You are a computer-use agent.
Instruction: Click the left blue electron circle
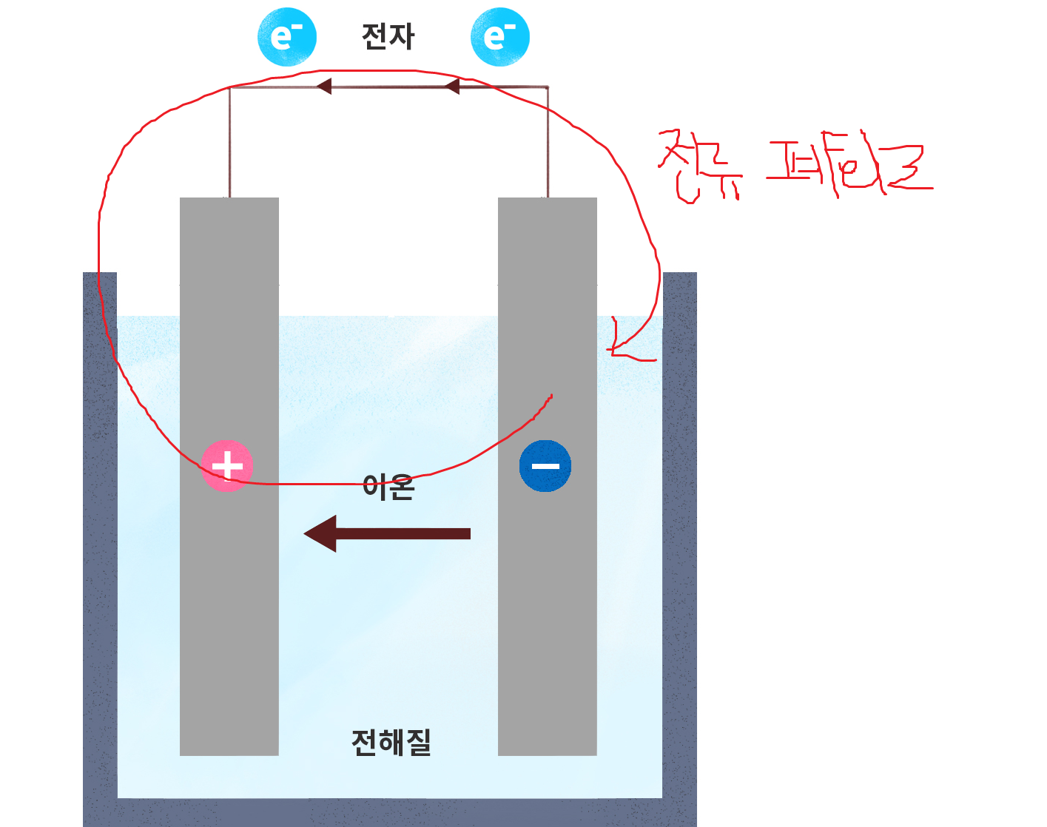pyautogui.click(x=286, y=37)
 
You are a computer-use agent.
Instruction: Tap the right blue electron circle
pyautogui.click(x=500, y=37)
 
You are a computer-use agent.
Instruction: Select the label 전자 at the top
pyautogui.click(x=388, y=36)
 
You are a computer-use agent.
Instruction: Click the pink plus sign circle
pyautogui.click(x=227, y=466)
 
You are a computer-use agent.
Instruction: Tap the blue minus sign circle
pyautogui.click(x=545, y=466)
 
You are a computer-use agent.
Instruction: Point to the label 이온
pyautogui.click(x=388, y=487)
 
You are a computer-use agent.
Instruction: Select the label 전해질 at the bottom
pyautogui.click(x=391, y=742)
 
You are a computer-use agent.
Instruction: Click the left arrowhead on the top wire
pyautogui.click(x=324, y=87)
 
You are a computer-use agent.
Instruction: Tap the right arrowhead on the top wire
pyautogui.click(x=452, y=87)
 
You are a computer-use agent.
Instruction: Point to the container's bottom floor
pyautogui.click(x=390, y=812)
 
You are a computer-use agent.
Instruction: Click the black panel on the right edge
pyautogui.click(x=918, y=518)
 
